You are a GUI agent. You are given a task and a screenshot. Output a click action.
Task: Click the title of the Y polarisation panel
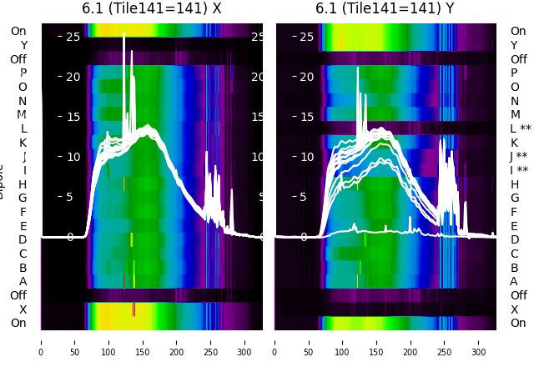click(x=385, y=8)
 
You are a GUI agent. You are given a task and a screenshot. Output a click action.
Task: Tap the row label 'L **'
click(x=521, y=128)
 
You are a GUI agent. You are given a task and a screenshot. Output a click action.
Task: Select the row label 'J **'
click(x=521, y=157)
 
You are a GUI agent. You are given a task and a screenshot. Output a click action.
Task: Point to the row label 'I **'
click(x=521, y=170)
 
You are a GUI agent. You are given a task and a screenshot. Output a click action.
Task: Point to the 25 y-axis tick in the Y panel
click(x=306, y=37)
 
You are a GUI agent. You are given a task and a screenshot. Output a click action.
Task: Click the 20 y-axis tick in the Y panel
click(x=306, y=77)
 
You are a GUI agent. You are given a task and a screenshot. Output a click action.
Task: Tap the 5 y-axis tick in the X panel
click(x=69, y=197)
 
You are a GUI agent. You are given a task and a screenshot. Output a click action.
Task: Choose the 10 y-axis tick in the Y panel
click(x=306, y=157)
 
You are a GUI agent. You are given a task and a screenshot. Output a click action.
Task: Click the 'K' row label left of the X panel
click(x=23, y=143)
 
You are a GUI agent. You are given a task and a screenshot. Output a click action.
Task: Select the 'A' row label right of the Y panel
click(x=514, y=281)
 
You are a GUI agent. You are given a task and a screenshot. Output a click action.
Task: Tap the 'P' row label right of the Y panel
click(x=514, y=73)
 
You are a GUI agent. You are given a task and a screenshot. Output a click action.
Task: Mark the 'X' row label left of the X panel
click(x=23, y=309)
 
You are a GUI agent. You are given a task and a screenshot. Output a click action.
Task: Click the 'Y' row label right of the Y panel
click(x=514, y=45)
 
